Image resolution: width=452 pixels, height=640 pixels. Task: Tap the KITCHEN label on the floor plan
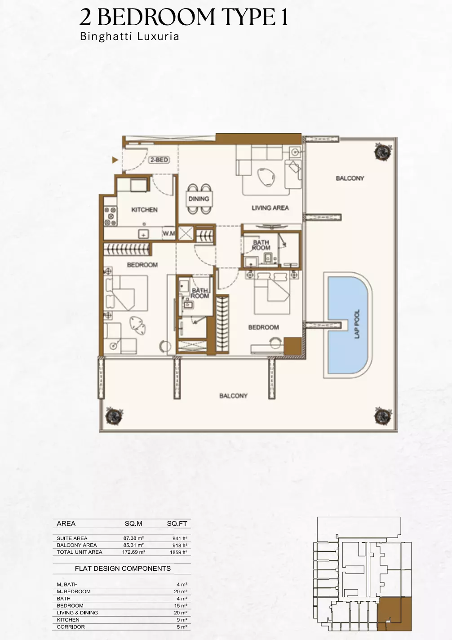point(144,210)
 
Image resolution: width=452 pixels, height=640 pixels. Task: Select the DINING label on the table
point(199,199)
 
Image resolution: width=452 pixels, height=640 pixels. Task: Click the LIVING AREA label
point(270,208)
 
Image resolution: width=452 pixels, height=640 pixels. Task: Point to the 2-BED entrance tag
point(159,160)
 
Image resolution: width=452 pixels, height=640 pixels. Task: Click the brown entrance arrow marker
point(115,160)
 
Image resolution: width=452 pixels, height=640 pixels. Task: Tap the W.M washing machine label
point(168,233)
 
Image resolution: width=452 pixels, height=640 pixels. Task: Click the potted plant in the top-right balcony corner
point(382,152)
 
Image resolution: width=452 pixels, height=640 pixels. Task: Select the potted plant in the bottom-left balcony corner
point(114,415)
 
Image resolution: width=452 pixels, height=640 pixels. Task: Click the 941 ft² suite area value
point(180,538)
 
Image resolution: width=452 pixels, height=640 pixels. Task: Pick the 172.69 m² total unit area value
point(133,552)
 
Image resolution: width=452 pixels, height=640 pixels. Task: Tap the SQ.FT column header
point(177,524)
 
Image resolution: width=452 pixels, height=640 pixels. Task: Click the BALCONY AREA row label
point(76,545)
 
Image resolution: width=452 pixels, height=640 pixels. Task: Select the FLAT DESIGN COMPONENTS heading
point(123,569)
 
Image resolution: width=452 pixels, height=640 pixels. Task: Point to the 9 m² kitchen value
point(182,620)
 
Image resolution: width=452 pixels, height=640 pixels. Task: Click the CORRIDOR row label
point(71,627)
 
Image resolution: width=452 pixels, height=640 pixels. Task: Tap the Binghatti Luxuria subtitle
point(129,36)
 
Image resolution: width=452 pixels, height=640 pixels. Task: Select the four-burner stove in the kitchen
point(110,217)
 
